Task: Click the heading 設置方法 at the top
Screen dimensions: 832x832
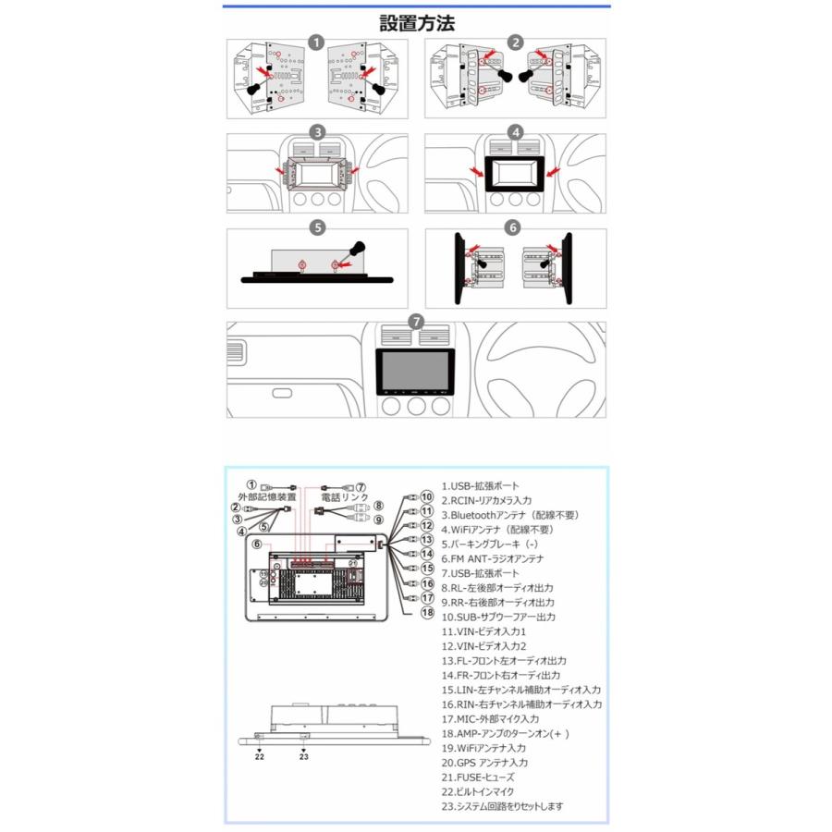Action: (x=417, y=23)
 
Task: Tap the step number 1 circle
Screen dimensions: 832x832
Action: (x=316, y=43)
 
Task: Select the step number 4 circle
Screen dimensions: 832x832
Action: (x=516, y=132)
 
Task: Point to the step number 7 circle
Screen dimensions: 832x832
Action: (x=417, y=321)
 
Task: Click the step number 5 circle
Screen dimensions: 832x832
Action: (x=316, y=226)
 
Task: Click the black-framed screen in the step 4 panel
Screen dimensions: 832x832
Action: (x=516, y=174)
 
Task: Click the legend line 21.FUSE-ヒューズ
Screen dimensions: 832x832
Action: (x=478, y=777)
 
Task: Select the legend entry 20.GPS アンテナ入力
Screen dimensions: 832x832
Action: (x=484, y=763)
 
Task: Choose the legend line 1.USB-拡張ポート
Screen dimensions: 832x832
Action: (x=480, y=485)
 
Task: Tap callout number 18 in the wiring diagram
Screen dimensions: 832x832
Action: (x=427, y=612)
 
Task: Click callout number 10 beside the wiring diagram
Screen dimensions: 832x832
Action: (x=426, y=496)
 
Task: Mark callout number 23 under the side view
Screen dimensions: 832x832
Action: (x=303, y=755)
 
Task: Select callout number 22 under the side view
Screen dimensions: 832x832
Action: (x=260, y=755)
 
